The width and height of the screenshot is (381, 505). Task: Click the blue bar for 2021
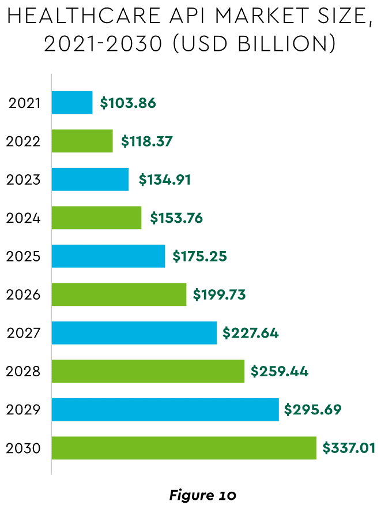(72, 103)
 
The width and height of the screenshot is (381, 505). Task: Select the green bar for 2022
(82, 141)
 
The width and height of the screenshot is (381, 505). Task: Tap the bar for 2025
(108, 256)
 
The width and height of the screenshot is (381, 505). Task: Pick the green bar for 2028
(148, 371)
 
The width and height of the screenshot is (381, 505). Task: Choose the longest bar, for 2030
(184, 448)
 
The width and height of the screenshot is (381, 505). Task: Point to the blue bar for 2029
(165, 410)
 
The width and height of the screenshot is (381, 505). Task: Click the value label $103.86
(128, 103)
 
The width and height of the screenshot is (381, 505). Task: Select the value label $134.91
(164, 179)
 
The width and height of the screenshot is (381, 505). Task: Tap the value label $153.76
(176, 218)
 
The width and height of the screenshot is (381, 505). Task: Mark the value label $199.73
(219, 295)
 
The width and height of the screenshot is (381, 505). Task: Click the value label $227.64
(250, 333)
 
